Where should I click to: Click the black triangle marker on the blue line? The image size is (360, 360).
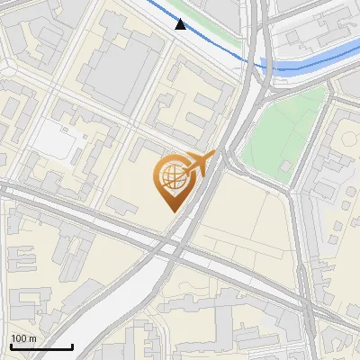click(x=181, y=24)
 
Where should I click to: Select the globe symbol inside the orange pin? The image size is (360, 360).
click(x=170, y=180)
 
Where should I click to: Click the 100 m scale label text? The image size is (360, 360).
click(x=23, y=338)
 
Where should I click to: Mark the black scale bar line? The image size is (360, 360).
click(x=41, y=346)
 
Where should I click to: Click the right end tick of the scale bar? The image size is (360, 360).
click(x=72, y=345)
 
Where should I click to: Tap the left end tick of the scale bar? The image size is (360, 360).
click(x=11, y=345)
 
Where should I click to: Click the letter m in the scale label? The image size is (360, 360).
click(x=31, y=338)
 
